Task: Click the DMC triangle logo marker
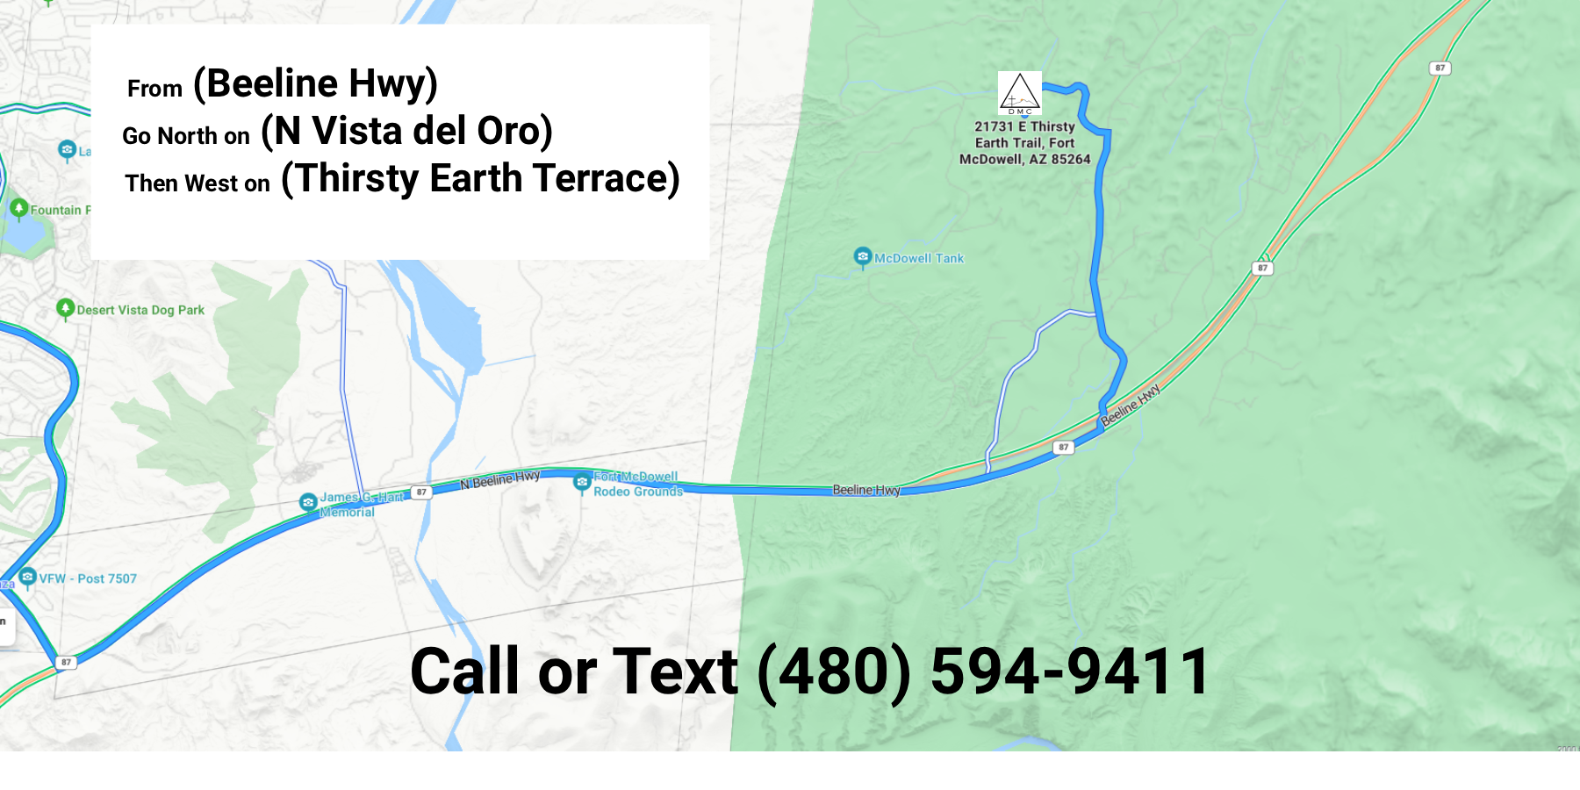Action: (x=1020, y=93)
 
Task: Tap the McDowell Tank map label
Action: (x=919, y=258)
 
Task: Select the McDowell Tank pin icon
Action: (x=863, y=256)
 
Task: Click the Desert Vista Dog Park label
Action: (x=140, y=310)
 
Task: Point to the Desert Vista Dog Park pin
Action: (x=65, y=308)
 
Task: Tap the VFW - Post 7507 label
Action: (x=88, y=578)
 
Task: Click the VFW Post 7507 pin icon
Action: (x=27, y=577)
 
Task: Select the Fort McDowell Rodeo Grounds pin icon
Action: (x=582, y=482)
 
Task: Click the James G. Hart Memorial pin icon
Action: (x=308, y=502)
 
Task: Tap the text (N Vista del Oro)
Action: (x=406, y=132)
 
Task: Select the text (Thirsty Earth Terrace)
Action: (x=480, y=179)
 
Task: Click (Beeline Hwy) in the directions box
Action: (x=315, y=84)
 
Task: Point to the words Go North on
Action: (x=186, y=136)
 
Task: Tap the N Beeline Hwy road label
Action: (x=499, y=479)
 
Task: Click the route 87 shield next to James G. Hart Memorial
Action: (x=421, y=492)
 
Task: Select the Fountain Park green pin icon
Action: (x=19, y=208)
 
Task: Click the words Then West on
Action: (x=197, y=183)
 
